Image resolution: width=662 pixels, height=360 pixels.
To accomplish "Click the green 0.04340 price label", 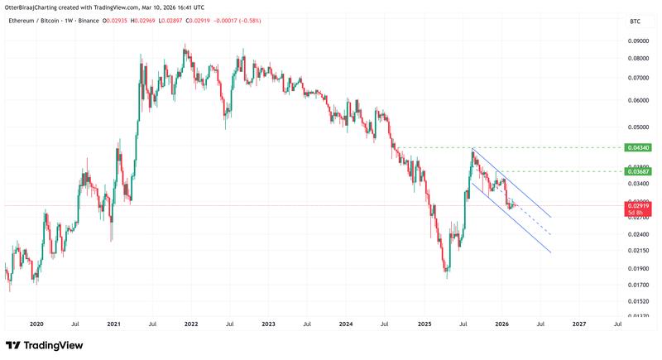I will [x=640, y=147].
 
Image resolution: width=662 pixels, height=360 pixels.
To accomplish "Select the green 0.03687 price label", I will [x=640, y=171].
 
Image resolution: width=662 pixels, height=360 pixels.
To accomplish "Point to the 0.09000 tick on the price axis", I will [x=637, y=41].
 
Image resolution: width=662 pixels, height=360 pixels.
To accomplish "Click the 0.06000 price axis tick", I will [x=637, y=101].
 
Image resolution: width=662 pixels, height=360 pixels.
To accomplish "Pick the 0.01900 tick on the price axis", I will [x=637, y=268].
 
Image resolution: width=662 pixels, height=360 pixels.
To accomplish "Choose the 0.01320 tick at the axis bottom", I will [x=637, y=315].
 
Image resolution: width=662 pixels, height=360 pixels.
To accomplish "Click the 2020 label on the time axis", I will [x=36, y=325].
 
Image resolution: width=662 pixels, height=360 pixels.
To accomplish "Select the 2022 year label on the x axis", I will [x=191, y=325].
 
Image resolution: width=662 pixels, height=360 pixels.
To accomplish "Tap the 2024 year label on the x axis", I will [x=346, y=325].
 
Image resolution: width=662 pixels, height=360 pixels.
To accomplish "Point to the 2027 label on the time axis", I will [x=579, y=325].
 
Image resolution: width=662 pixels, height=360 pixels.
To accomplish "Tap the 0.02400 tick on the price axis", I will [x=637, y=234].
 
